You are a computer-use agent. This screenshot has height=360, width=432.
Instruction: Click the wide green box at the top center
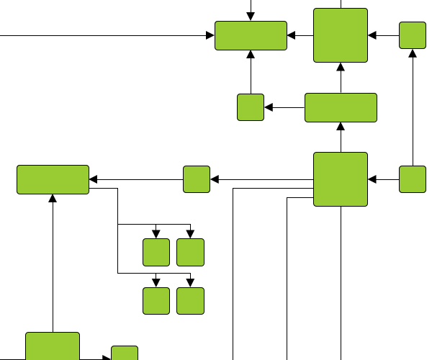(x=251, y=36)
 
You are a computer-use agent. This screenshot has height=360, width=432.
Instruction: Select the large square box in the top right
(x=341, y=35)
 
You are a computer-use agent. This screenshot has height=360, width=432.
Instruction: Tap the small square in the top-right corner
(x=413, y=35)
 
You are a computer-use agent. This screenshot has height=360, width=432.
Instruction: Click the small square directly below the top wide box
(x=251, y=107)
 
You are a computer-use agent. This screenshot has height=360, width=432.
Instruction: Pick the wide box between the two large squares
(x=341, y=107)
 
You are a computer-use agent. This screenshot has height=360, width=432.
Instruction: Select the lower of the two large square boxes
(x=341, y=179)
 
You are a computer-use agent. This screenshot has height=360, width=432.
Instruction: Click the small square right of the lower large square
(x=413, y=179)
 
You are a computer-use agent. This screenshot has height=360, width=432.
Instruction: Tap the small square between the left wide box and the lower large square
(x=197, y=179)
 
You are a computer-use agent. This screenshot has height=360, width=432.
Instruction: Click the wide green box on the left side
(x=53, y=179)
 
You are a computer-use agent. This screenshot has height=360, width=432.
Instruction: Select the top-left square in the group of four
(x=156, y=252)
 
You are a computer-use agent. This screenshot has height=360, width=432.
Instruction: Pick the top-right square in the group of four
(x=190, y=252)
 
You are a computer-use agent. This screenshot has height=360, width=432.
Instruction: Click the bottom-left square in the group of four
(x=156, y=301)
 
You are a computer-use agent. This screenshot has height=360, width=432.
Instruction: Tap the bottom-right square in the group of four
(x=190, y=301)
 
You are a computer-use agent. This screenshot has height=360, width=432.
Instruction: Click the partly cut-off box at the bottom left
(x=53, y=346)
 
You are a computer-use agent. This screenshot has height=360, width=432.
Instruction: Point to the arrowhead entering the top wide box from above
(x=251, y=17)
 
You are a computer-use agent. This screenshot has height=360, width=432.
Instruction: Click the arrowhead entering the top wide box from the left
(x=210, y=35)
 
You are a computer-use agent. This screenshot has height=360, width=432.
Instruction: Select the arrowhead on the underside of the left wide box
(x=53, y=199)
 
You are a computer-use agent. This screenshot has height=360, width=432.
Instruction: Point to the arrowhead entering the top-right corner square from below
(x=413, y=53)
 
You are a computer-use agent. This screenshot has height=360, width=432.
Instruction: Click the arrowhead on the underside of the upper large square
(x=341, y=68)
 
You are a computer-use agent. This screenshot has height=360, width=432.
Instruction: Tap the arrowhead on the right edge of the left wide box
(x=94, y=179)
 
